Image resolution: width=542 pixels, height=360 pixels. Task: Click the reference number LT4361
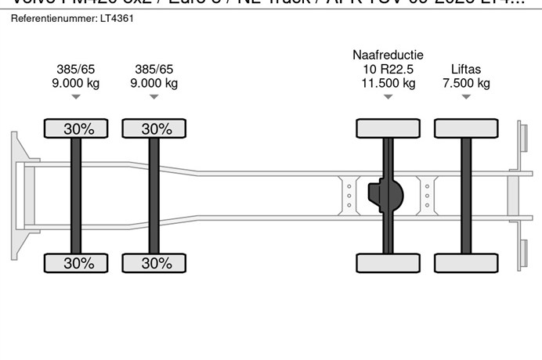coord(117,17)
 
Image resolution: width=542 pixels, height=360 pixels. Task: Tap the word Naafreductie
coord(388,55)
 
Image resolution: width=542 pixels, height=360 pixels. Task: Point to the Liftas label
coord(466,69)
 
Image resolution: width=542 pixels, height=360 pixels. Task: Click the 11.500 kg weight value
coord(388,83)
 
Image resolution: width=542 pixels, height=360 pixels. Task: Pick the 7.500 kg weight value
coord(466,83)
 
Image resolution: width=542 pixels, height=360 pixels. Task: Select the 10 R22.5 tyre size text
coord(388,69)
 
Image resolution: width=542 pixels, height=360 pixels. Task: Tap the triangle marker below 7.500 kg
coord(466,97)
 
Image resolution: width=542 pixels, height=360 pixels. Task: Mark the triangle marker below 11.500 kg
coord(388,97)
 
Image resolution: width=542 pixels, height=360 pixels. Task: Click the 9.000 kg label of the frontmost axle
coord(76,83)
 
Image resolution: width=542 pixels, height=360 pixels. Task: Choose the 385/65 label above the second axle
coord(154,69)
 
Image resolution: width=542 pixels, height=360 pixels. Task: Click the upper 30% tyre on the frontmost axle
coord(76,129)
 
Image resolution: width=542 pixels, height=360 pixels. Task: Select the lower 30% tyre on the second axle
coord(154,263)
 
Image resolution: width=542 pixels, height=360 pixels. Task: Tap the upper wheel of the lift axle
coord(466,128)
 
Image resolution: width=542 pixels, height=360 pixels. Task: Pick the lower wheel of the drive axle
coord(388,263)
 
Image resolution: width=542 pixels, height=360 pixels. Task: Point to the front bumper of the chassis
coord(15,196)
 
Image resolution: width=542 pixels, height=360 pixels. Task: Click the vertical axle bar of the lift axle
coord(466,196)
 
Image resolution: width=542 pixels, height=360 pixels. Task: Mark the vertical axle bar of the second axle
coord(154,196)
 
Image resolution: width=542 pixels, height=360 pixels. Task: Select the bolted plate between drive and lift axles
coord(426,195)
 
